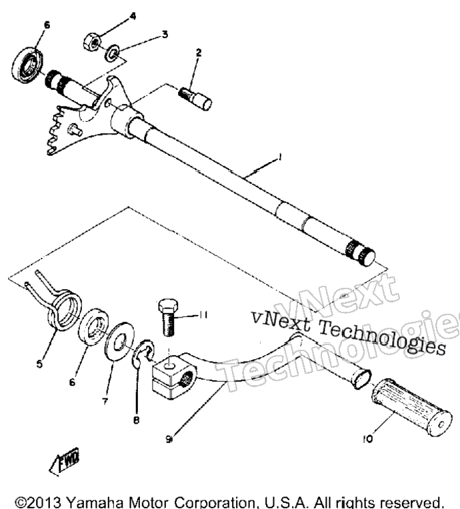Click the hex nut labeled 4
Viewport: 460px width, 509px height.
click(92, 42)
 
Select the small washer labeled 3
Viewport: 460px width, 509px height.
click(112, 53)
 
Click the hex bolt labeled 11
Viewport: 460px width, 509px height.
click(168, 318)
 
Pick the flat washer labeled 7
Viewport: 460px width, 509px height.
click(119, 340)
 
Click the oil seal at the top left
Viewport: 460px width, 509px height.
click(27, 65)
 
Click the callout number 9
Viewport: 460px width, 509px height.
click(169, 439)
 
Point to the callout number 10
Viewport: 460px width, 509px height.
click(368, 439)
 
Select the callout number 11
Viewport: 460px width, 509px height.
click(203, 315)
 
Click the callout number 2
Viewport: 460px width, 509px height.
click(199, 53)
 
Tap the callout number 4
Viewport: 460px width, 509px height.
click(133, 16)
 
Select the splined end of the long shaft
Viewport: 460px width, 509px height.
click(360, 254)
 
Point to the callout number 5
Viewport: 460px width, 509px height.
click(39, 364)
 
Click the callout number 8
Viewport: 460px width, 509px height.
click(137, 420)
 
